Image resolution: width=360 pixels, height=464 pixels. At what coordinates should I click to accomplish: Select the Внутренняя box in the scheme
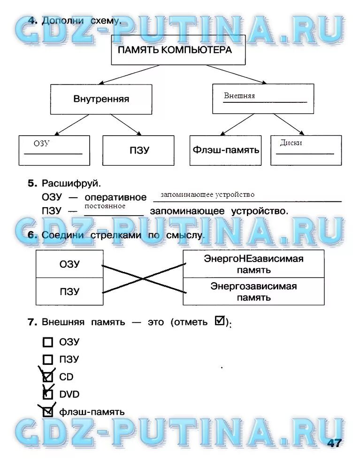click(x=101, y=99)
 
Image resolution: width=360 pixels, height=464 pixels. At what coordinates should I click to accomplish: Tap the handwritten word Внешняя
click(x=239, y=96)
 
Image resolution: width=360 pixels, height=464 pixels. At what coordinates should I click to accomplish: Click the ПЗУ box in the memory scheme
click(x=139, y=150)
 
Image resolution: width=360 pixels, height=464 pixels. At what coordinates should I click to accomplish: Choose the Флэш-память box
click(x=226, y=150)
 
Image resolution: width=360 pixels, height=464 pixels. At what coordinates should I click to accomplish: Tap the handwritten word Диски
click(x=291, y=143)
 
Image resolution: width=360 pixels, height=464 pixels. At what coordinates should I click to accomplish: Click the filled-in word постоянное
click(x=105, y=206)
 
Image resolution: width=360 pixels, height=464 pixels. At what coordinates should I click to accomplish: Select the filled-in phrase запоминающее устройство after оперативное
click(x=207, y=194)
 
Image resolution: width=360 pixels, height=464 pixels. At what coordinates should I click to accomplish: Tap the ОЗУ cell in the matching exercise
click(x=69, y=264)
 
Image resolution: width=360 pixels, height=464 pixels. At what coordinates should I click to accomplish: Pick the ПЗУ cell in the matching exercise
click(x=69, y=291)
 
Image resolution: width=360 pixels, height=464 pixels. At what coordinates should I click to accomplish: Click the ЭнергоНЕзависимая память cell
click(x=253, y=264)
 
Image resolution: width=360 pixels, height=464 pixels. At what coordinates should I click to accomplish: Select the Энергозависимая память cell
click(x=253, y=291)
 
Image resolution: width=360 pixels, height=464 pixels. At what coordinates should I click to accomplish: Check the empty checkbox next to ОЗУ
click(x=48, y=342)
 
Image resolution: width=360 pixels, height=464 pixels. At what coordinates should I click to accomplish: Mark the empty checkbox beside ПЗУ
click(x=48, y=360)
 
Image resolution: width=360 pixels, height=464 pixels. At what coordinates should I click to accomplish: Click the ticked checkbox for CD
click(x=48, y=377)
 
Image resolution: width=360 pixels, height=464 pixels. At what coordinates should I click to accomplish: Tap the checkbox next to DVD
click(x=48, y=394)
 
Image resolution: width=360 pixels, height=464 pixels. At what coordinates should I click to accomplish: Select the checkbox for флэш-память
click(x=48, y=412)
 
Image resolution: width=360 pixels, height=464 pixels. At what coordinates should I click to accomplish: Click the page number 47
click(x=334, y=443)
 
